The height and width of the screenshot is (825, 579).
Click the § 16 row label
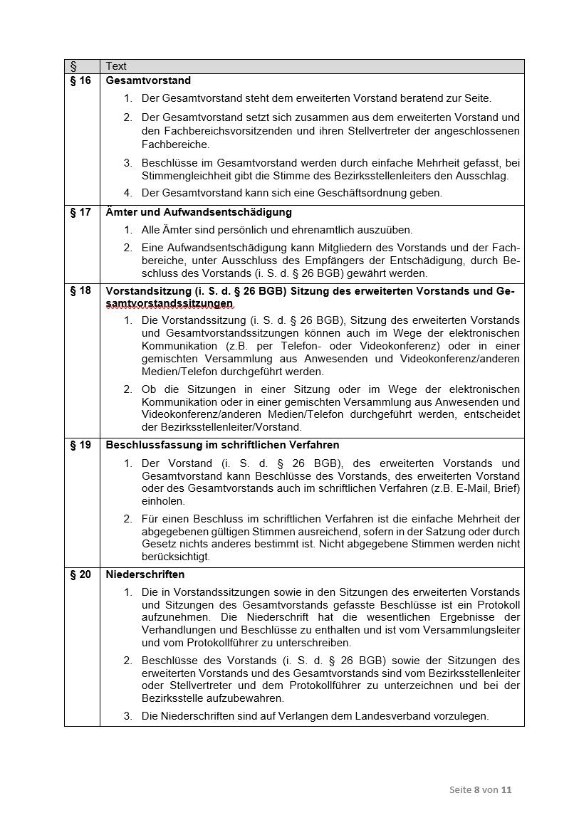[x=81, y=81]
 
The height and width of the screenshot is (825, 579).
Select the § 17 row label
[x=81, y=213]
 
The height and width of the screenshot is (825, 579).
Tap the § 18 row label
[x=81, y=290]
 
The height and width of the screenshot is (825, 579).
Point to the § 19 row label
[x=81, y=446]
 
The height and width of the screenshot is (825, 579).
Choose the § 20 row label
[x=81, y=574]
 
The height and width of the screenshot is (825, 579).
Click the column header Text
[x=116, y=66]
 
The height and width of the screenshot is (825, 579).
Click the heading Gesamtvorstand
[x=148, y=81]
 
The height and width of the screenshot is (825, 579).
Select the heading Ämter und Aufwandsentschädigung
[x=199, y=213]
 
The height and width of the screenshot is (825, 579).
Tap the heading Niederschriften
[x=145, y=574]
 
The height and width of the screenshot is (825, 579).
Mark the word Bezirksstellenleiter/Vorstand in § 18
[x=221, y=428]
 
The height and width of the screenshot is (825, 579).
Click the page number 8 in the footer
[x=476, y=790]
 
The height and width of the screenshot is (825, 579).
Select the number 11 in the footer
[x=507, y=790]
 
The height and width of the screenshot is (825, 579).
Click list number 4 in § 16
[x=127, y=193]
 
